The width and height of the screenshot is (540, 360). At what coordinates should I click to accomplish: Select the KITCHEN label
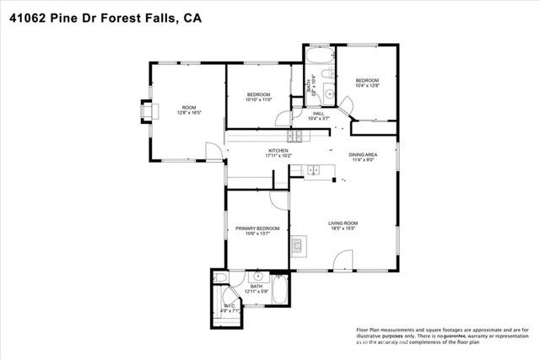tap(278, 150)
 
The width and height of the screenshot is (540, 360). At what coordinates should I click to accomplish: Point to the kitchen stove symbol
tap(296, 137)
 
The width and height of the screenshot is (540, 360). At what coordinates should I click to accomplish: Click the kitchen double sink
tap(316, 170)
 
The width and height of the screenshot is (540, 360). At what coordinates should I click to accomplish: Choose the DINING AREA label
tap(363, 154)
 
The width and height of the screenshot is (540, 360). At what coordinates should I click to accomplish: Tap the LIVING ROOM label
tap(343, 223)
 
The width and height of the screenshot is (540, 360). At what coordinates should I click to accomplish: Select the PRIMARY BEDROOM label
tap(257, 228)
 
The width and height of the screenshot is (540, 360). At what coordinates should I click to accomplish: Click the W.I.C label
tap(229, 305)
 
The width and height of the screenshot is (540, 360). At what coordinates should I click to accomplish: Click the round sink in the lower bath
tap(256, 276)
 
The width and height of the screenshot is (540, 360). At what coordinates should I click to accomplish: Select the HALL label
tap(319, 113)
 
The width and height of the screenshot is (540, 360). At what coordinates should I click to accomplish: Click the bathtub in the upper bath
tap(320, 56)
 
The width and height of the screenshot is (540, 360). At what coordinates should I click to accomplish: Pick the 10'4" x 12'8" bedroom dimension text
tap(369, 85)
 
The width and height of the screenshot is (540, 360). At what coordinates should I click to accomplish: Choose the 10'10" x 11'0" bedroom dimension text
tap(257, 99)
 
